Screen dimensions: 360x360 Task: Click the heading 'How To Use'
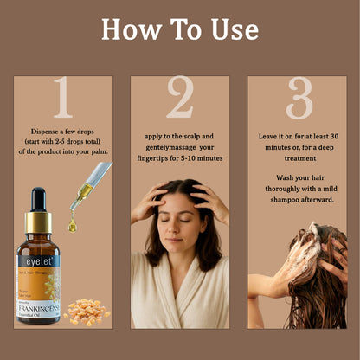180,29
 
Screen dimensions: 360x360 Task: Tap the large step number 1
62,98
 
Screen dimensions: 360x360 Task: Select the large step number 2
180,98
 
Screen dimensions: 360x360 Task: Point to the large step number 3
299,98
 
